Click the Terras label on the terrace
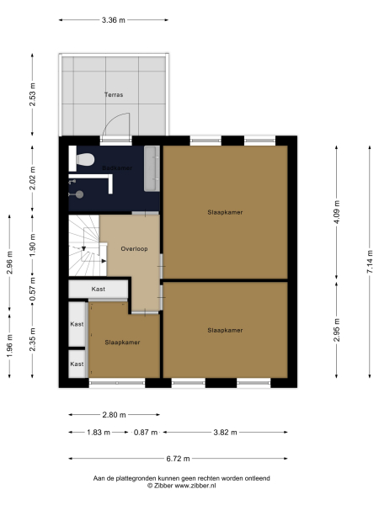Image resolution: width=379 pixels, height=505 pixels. coord(114,95)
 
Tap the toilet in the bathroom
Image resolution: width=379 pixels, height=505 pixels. coord(83,159)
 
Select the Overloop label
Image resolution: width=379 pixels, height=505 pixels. coord(134,249)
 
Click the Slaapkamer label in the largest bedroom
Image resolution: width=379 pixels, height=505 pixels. coord(225,212)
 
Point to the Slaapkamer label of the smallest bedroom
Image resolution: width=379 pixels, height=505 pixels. coord(122,343)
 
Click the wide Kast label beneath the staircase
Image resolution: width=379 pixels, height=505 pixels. coord(99,289)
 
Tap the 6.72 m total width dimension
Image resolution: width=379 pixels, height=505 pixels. coord(178,459)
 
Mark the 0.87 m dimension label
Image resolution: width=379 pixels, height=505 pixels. coord(146,433)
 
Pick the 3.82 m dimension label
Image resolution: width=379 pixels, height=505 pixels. coord(225,433)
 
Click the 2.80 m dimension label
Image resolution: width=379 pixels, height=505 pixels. coord(114,415)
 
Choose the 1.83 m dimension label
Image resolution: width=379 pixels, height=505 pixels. coord(98,433)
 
